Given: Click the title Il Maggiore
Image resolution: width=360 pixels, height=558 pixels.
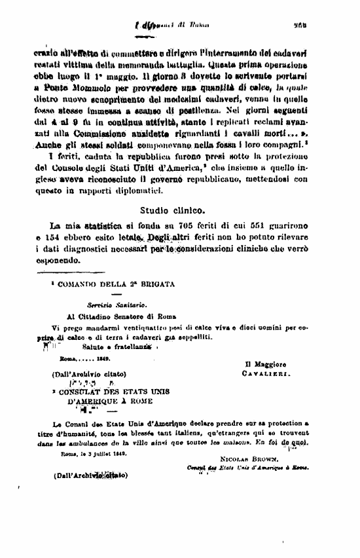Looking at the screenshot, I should tap(264, 363).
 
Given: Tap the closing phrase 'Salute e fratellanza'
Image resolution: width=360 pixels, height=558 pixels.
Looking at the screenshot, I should tap(120, 346).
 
